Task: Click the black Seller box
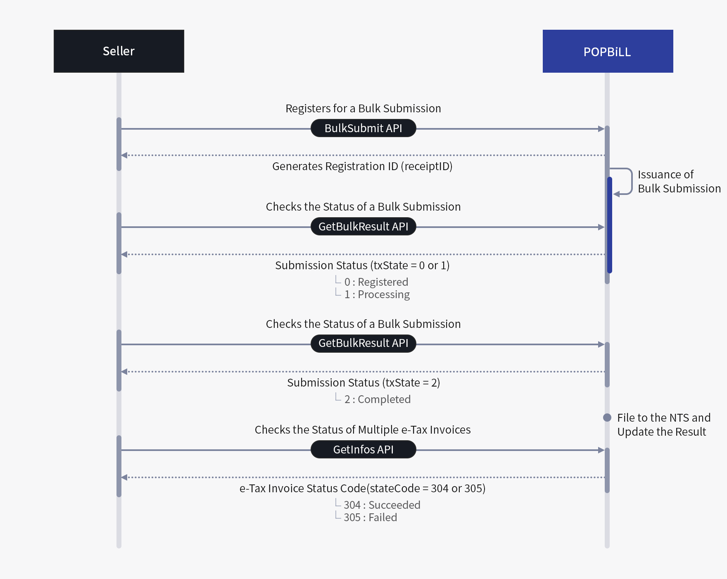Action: [x=119, y=51]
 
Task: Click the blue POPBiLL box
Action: [x=608, y=51]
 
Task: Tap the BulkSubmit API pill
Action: [x=363, y=128]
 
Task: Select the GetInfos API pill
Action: [x=363, y=449]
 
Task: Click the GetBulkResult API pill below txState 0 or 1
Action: [x=363, y=343]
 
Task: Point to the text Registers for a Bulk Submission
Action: [x=363, y=108]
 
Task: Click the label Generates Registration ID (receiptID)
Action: [x=362, y=166]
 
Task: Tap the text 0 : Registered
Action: [x=376, y=282]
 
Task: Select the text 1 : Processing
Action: [x=377, y=294]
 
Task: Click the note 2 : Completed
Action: [x=377, y=399]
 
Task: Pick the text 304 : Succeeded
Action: [x=382, y=505]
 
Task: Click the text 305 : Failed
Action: [x=370, y=517]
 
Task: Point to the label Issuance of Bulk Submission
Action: [x=679, y=181]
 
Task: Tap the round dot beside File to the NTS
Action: [x=607, y=418]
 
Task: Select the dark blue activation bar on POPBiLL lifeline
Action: [x=610, y=225]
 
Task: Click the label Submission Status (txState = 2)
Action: [x=363, y=382]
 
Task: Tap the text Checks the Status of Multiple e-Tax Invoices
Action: [x=362, y=430]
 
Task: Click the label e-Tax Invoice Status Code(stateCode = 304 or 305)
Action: [x=362, y=488]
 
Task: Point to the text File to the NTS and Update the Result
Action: [x=663, y=425]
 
